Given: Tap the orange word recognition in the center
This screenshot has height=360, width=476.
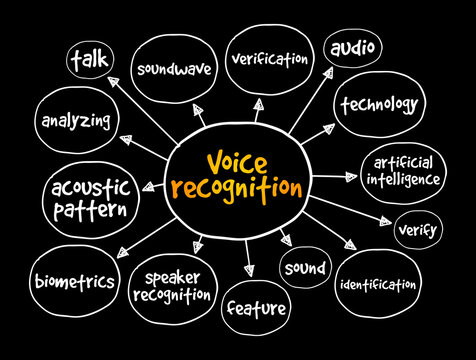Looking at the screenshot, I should pos(238,186).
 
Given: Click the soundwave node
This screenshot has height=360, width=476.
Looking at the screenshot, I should pos(173,69).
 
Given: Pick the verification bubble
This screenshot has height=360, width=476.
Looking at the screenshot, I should pos(269,59).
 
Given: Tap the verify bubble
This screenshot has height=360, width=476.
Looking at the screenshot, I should pos(417,229).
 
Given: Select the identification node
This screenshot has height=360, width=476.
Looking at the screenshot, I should pos(377,285).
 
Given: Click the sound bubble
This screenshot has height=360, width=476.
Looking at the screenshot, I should pos(303,268).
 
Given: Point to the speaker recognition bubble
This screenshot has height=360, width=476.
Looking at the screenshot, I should pos(179,287).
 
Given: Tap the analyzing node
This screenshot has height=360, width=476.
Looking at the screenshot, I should pos(75,122).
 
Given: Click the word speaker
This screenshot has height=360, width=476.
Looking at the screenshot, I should pos(178,278).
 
